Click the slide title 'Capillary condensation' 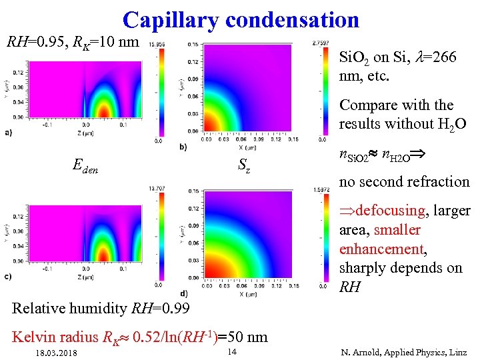click(x=241, y=19)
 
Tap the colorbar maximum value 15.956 click(x=158, y=45)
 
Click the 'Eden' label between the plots click(x=85, y=169)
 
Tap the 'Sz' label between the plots click(x=244, y=169)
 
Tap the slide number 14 click(x=232, y=351)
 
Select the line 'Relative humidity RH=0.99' click(x=101, y=309)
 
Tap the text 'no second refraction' click(x=404, y=181)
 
